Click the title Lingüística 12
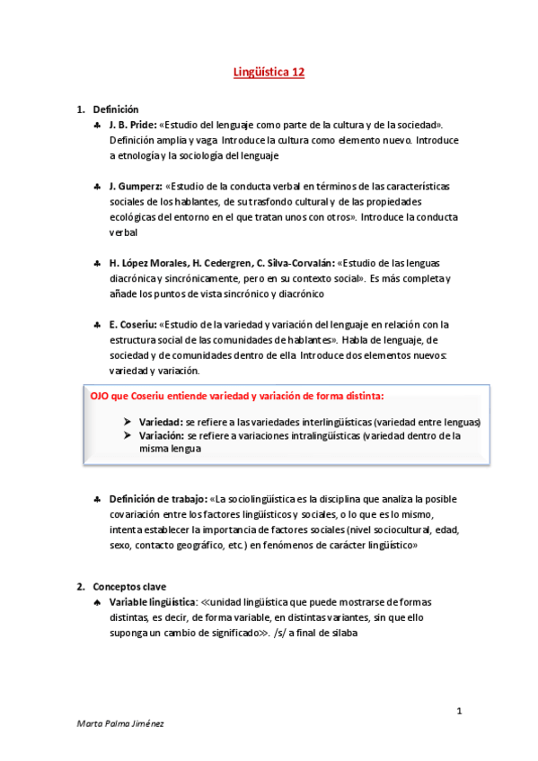(x=269, y=73)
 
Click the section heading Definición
(x=116, y=109)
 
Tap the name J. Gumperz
(x=135, y=186)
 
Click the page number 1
(x=459, y=712)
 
